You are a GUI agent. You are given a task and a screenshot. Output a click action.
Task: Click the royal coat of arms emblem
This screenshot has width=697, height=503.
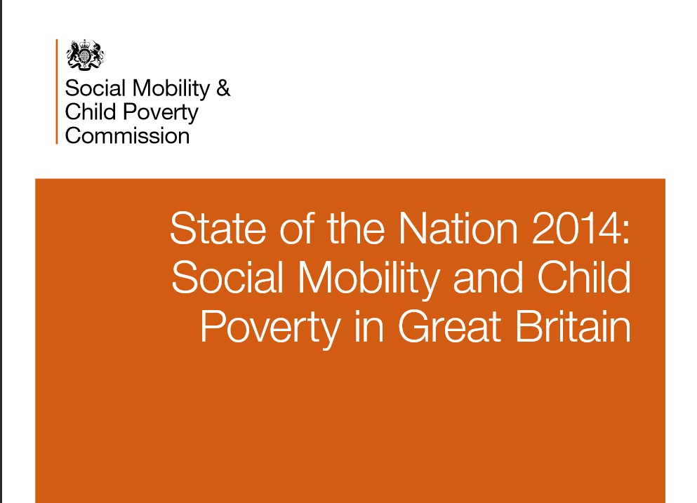click(85, 55)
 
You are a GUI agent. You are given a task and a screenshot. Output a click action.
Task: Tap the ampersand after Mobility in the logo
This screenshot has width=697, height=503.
click(223, 88)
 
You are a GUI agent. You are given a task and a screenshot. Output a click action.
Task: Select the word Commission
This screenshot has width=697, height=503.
click(127, 135)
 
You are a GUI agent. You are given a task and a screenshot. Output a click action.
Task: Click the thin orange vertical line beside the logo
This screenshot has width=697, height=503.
click(57, 91)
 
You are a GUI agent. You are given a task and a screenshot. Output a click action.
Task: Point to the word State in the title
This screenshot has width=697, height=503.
click(218, 229)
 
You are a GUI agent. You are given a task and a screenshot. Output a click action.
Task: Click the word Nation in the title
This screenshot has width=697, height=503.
click(458, 229)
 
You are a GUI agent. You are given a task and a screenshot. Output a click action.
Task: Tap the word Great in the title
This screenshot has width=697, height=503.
click(449, 327)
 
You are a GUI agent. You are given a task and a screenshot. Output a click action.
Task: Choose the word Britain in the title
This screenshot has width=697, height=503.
click(573, 327)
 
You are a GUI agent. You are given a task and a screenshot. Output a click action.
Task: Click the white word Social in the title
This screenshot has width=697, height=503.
click(227, 278)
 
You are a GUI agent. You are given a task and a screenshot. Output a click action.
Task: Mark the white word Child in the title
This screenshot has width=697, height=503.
click(584, 277)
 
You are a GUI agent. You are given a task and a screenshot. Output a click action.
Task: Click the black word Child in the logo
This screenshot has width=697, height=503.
click(91, 112)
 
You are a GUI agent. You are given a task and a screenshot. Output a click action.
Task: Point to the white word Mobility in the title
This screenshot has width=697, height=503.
click(369, 279)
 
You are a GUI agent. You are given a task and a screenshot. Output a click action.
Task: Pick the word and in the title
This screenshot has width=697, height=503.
click(488, 278)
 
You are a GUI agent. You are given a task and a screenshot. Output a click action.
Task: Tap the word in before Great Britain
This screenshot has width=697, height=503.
click(369, 327)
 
